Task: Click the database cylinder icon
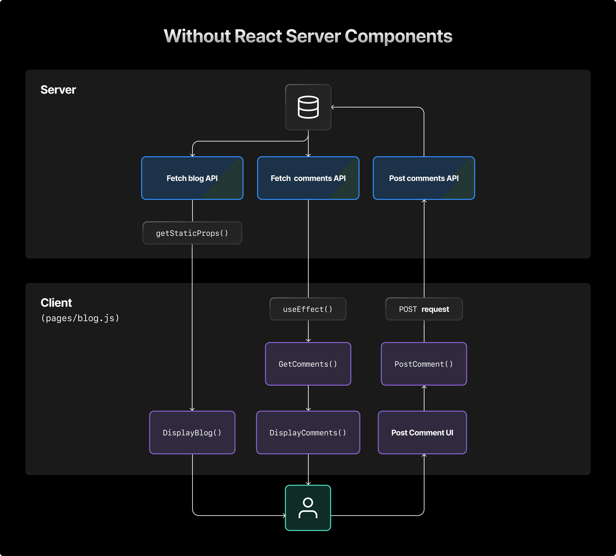click(308, 107)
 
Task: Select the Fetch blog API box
click(192, 178)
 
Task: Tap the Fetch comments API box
click(308, 178)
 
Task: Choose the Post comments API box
click(424, 178)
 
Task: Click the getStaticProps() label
click(192, 233)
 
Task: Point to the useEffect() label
click(308, 309)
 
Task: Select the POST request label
click(424, 309)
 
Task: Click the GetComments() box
click(308, 364)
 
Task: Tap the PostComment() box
click(424, 364)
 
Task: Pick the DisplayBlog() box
click(192, 433)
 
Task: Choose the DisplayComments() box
click(308, 433)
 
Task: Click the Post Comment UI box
click(422, 433)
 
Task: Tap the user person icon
click(308, 508)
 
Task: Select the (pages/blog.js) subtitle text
click(80, 318)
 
